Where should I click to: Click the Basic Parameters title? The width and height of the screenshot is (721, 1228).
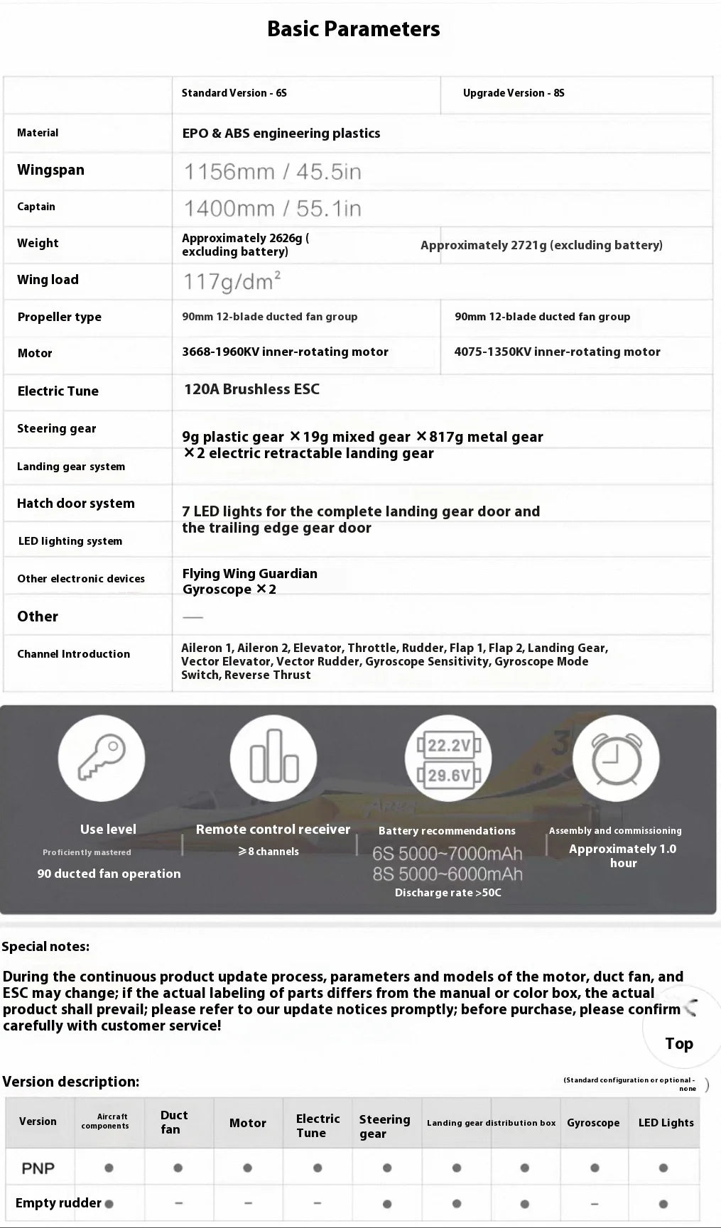(353, 29)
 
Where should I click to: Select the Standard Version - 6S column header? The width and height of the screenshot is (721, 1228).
(234, 93)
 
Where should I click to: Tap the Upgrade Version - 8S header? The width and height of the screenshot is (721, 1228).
(513, 93)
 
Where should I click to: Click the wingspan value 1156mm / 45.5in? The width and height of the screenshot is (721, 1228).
(272, 172)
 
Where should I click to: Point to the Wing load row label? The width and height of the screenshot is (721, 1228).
(48, 280)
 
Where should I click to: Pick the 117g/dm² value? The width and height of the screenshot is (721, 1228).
(232, 281)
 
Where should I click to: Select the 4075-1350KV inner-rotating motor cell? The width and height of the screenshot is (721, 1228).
(557, 352)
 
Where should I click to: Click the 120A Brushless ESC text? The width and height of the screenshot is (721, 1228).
(251, 389)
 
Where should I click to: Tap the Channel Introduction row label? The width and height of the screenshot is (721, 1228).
(73, 654)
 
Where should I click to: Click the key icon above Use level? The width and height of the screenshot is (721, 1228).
(102, 758)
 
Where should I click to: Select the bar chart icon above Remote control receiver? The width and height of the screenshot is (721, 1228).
(273, 758)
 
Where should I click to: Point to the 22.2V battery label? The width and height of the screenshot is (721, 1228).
(449, 745)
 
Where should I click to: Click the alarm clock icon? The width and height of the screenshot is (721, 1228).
(616, 759)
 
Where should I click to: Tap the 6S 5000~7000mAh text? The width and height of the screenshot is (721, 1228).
(447, 853)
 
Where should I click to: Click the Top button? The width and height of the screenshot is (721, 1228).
(678, 1043)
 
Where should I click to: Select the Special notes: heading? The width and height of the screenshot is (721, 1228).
(45, 946)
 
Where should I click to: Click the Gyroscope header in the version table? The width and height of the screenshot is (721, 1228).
(593, 1123)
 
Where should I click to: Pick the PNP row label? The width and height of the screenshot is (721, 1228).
(38, 1168)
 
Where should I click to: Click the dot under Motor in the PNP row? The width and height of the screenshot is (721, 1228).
(247, 1168)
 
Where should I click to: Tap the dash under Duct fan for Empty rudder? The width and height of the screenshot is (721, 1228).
(178, 1203)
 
